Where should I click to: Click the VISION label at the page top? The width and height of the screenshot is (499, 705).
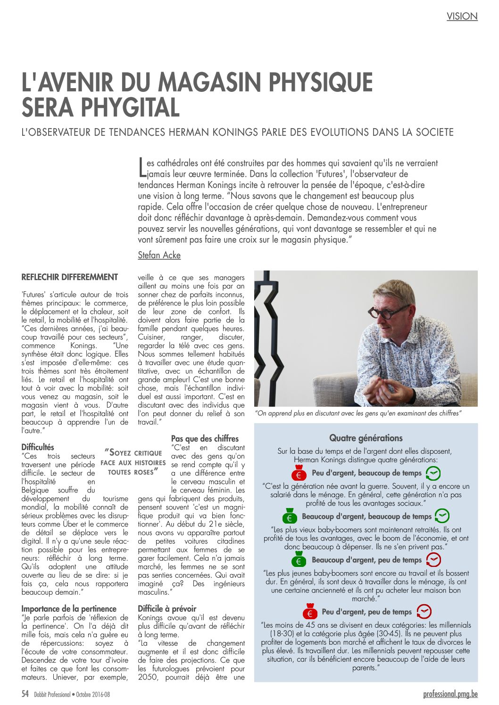(x=462, y=16)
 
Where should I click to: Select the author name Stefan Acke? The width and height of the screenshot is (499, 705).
(x=159, y=255)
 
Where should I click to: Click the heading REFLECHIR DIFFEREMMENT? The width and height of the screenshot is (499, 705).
(x=69, y=277)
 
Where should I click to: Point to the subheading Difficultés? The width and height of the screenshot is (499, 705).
(x=38, y=447)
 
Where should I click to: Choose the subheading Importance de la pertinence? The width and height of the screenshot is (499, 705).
(x=69, y=608)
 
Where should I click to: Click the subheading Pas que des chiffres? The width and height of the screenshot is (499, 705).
(x=205, y=438)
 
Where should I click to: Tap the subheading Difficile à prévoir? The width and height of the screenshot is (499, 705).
(x=167, y=608)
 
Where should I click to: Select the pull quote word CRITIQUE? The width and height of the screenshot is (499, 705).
(x=148, y=453)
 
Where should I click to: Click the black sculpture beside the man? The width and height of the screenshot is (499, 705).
(x=267, y=339)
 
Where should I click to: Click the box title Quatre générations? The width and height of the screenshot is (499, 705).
(x=366, y=438)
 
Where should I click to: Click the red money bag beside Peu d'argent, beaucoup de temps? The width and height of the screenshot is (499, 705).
(x=298, y=473)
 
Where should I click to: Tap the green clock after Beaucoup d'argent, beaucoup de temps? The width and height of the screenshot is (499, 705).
(x=441, y=516)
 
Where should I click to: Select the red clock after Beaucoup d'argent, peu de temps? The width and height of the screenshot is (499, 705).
(x=433, y=560)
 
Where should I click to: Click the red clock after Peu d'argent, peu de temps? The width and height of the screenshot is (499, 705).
(x=424, y=612)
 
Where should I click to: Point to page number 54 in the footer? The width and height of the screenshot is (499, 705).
(x=25, y=694)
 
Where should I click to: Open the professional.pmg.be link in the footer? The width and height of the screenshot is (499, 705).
(x=450, y=694)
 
